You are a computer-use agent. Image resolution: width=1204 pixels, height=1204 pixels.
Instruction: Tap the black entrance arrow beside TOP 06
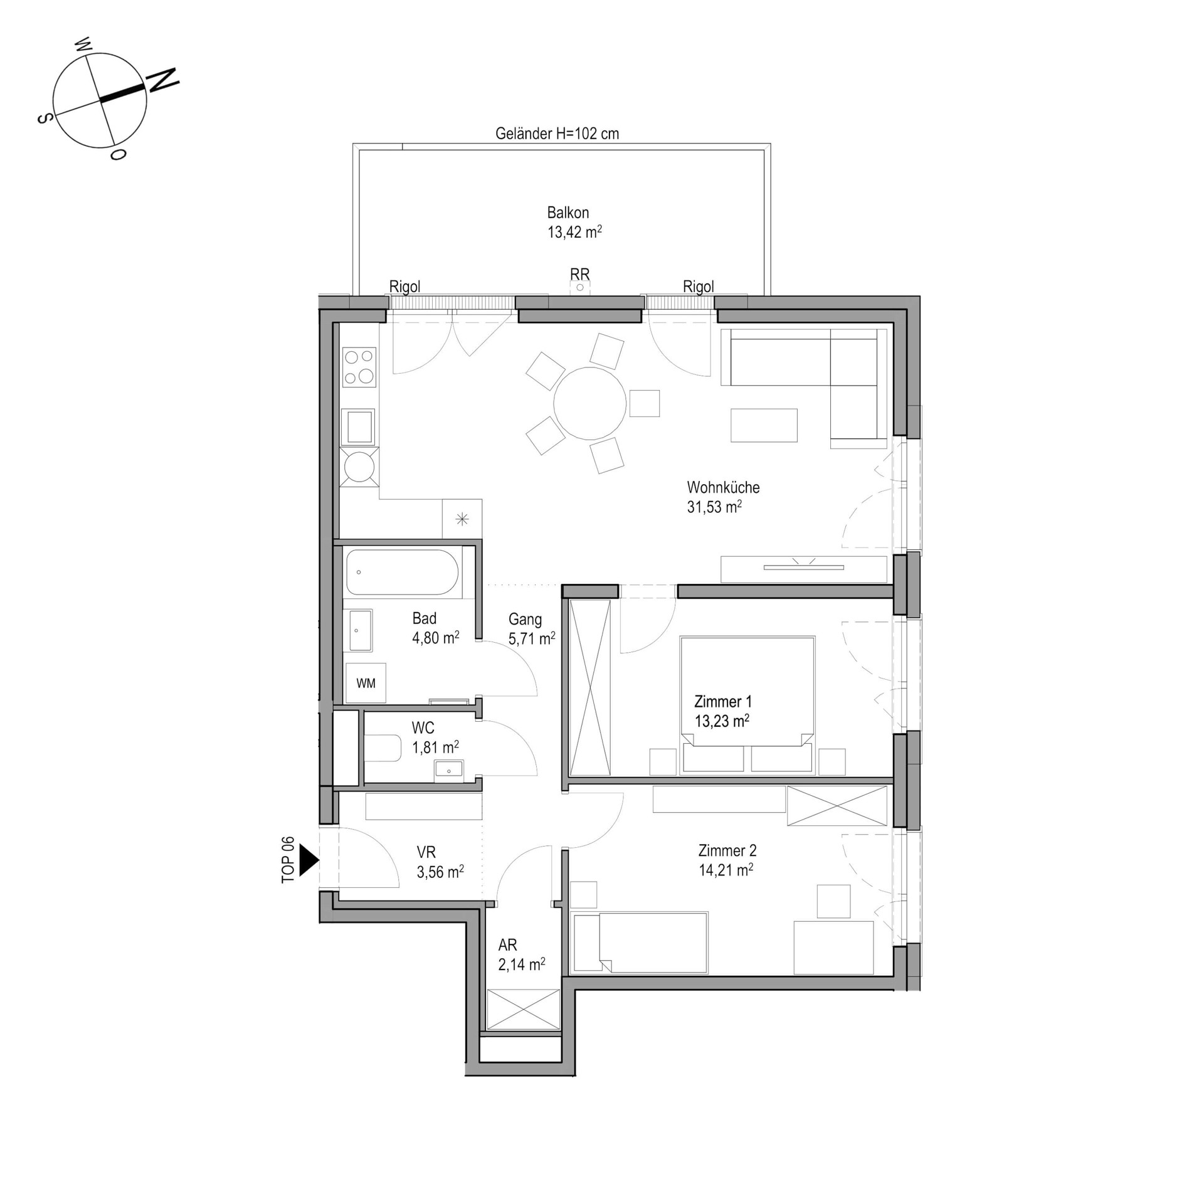coord(309,860)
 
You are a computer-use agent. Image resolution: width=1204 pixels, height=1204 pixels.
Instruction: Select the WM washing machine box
coord(366,683)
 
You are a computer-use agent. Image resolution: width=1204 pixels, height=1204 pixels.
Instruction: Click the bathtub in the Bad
coord(403,572)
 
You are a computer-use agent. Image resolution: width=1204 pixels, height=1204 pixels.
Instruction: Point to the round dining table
coord(589,403)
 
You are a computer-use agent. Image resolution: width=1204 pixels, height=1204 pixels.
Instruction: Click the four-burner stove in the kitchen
coord(359,367)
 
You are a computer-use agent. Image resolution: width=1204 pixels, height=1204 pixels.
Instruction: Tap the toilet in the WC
coord(383,748)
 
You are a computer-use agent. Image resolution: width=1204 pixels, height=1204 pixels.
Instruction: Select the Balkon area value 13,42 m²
coord(575,232)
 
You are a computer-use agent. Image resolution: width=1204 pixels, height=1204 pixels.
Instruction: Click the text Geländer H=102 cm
coord(557,134)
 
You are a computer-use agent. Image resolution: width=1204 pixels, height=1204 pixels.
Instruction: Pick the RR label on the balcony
coord(580,274)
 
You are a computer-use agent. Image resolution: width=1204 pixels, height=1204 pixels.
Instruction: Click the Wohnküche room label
coord(723,487)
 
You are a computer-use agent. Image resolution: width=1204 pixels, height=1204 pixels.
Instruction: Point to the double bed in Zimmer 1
coord(747,704)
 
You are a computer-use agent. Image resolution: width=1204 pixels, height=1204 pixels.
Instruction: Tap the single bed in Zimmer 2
coord(640,943)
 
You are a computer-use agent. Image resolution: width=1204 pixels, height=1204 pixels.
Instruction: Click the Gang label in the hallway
coord(525,620)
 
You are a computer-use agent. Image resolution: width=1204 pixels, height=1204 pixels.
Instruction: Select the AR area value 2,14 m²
coord(522,964)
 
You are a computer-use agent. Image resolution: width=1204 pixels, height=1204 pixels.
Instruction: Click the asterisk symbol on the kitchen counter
coord(462,519)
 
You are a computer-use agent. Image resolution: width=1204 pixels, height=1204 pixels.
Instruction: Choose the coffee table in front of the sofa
coord(764,425)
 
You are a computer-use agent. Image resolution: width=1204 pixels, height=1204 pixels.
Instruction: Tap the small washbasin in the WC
coord(449,769)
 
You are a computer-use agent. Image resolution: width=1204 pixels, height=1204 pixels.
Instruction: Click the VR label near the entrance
coord(426,852)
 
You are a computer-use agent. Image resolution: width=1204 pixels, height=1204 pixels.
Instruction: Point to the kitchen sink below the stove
coord(358,427)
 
